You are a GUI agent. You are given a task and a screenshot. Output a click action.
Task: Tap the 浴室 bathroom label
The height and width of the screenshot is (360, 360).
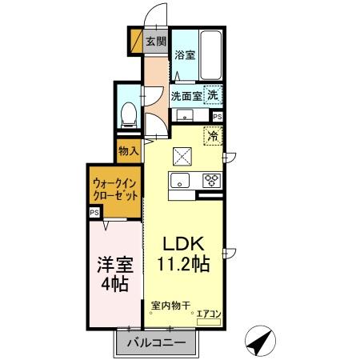pos(186,55)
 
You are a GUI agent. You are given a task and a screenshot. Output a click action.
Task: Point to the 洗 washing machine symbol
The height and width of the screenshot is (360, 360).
pos(213,94)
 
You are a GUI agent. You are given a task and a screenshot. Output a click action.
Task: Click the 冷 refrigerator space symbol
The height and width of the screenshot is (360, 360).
pos(213,136)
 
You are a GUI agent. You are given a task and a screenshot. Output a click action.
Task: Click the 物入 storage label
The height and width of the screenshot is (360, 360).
pos(129,150)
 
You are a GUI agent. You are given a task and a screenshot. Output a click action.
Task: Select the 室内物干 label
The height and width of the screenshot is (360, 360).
pos(170,306)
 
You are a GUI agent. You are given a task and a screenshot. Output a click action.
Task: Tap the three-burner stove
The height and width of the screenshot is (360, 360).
pos(211,179)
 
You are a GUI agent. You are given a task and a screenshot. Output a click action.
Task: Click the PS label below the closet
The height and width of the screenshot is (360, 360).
pos(95,212)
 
